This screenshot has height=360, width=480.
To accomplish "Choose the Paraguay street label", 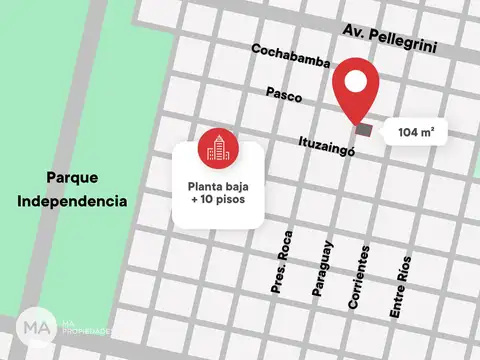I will pos(322,268).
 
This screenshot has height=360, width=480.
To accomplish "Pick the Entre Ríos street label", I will pos(399,287).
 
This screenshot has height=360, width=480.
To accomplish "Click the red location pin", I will pos(355,90).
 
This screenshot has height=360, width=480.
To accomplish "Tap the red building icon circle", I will pos(217,148).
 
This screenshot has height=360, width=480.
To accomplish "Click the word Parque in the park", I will pos(72,177).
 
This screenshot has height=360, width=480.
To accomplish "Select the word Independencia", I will pos(72,201).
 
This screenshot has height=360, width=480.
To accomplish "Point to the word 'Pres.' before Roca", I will pos(277,282).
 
